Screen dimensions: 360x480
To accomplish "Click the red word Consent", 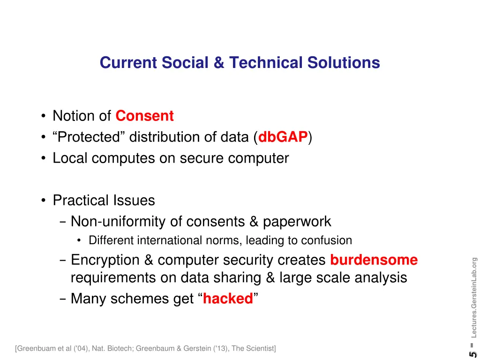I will point(144,116).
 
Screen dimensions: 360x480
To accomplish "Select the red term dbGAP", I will point(283,137).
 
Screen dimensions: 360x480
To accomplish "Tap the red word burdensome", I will point(374,260).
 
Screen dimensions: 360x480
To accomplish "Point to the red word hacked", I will point(228,299).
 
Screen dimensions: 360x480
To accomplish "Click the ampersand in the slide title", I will point(219,62).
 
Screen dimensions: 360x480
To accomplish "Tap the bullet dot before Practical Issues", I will point(44,201).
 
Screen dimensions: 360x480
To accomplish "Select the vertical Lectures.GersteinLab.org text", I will point(474,297).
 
